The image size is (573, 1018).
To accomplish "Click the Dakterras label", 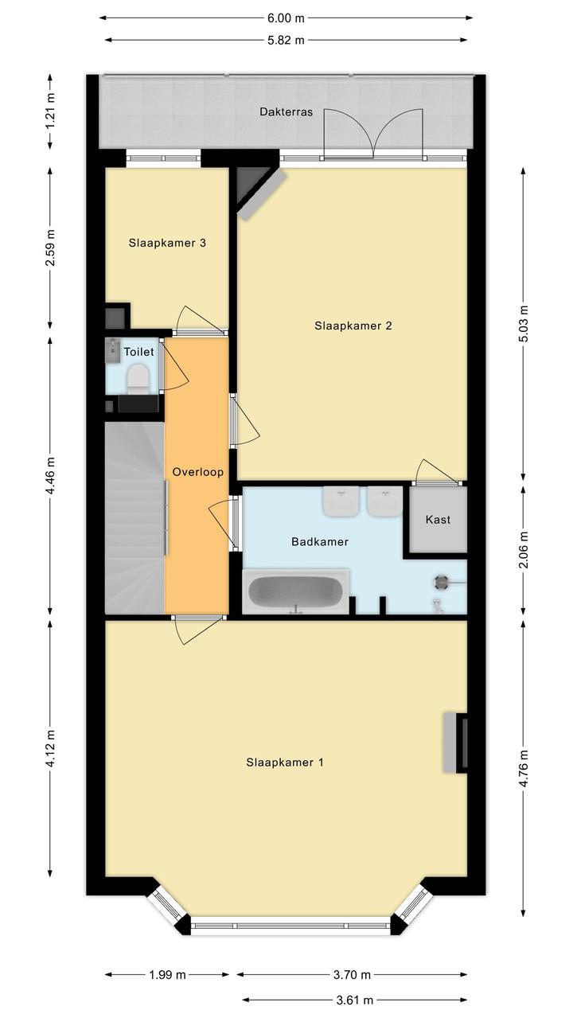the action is pos(286,111).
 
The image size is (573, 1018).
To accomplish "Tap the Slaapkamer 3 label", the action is pos(167,243).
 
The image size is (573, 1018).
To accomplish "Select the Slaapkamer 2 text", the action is pos(353,326).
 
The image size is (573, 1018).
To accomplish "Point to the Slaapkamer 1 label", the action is pos(285,763).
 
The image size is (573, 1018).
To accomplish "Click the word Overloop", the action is pos(198,472).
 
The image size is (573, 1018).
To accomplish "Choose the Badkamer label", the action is pos(320,542).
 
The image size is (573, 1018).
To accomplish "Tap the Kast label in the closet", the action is pos(438,520).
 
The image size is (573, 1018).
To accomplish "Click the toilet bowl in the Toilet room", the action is pos(138,380).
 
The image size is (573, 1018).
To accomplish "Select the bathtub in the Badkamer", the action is pos(296,591).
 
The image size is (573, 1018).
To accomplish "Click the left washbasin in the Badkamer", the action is pos(341,501).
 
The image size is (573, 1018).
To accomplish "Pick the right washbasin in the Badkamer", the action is pos(385,501).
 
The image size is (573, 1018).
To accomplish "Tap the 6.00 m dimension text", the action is pos(286,18).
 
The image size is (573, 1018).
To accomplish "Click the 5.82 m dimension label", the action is pos(286,40).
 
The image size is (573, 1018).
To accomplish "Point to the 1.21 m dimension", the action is pos(50,111).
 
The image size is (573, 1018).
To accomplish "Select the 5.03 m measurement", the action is pos(524,324).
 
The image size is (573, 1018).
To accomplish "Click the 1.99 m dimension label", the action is pos(167,974).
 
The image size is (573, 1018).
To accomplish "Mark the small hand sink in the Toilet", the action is pos(113,350).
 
